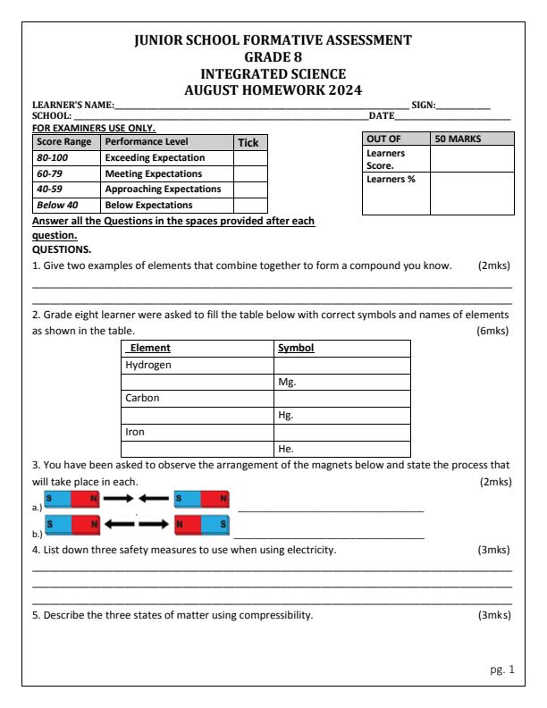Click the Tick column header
[x=246, y=142]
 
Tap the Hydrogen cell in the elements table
[x=147, y=366]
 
